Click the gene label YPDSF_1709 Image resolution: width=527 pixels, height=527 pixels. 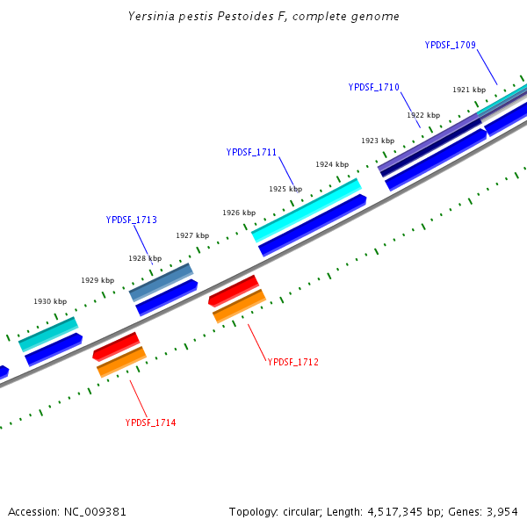pos(450,45)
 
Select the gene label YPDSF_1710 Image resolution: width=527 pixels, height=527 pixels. pos(373,87)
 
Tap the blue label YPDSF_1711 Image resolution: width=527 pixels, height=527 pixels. pos(251,152)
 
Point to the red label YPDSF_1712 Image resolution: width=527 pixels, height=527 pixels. pos(292,362)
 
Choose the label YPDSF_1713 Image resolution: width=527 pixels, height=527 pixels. pos(131,220)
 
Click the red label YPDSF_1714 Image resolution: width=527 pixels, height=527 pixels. pos(150,422)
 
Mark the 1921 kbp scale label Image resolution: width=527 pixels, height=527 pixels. pos(469,90)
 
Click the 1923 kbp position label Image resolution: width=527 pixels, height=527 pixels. pos(378,141)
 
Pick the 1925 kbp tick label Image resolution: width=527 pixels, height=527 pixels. pos(285,189)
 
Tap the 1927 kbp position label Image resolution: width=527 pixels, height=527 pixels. pos(192,235)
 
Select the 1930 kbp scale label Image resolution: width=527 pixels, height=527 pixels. pos(50,301)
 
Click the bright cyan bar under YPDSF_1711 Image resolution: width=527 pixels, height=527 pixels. pos(306,211)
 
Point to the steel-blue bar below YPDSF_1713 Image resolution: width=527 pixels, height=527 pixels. pos(161,282)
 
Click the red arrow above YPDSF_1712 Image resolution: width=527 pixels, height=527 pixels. pos(234,291)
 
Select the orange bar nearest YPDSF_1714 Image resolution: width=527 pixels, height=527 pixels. pos(121,362)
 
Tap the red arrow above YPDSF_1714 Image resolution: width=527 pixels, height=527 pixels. pos(116,346)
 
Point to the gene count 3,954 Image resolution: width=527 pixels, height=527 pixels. pos(502,511)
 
